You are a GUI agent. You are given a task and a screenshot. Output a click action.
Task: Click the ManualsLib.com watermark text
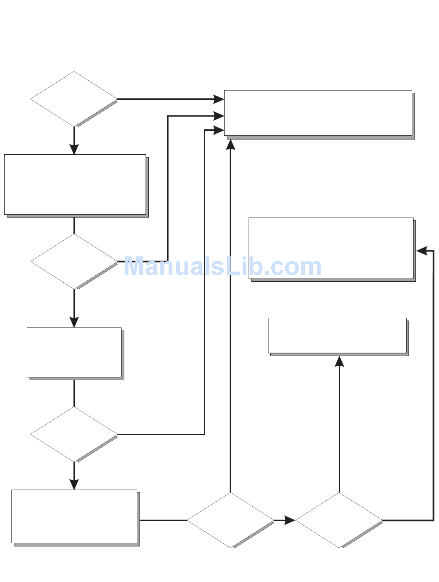click(222, 267)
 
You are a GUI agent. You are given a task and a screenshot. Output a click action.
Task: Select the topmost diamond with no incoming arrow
click(74, 99)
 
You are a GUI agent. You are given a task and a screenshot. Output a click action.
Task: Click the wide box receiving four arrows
click(318, 113)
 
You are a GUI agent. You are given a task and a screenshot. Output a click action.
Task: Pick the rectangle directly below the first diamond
click(75, 184)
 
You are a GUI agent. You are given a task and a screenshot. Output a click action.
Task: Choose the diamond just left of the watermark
click(74, 261)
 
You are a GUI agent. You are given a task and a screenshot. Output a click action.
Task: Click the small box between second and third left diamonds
click(74, 352)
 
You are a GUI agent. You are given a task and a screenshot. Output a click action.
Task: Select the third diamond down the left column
click(74, 434)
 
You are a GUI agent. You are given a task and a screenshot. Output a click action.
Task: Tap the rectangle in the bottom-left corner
click(74, 516)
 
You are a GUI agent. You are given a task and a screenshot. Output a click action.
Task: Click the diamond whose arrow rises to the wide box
click(230, 520)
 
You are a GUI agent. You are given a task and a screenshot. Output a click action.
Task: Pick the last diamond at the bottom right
click(339, 520)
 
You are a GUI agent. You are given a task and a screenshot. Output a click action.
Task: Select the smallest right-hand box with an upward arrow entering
click(337, 335)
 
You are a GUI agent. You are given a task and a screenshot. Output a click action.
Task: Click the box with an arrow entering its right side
click(331, 248)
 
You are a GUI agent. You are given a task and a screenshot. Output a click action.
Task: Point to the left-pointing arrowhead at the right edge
click(421, 251)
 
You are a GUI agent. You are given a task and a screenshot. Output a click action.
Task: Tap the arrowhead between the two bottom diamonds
click(290, 521)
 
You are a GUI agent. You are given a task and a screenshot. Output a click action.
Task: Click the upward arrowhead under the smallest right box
click(339, 361)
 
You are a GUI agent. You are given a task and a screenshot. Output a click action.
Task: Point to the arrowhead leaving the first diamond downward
click(74, 149)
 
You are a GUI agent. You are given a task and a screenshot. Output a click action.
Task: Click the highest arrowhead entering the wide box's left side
click(219, 99)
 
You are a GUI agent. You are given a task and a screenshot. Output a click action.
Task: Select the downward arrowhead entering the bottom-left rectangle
click(74, 484)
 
